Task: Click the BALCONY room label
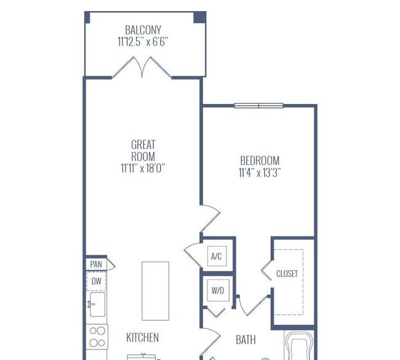point(143,30)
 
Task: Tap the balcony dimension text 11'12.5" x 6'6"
point(143,42)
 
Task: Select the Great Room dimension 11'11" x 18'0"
point(143,168)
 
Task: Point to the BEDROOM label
point(260,161)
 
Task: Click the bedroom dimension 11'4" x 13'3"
point(260,173)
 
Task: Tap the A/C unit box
point(217,256)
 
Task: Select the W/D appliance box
point(218,290)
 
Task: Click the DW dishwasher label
point(97,281)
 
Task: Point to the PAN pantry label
point(96,265)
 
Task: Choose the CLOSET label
point(287,274)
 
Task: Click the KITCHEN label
point(143,338)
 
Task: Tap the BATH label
point(246,340)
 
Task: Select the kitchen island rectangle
point(155,291)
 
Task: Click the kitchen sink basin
point(97,305)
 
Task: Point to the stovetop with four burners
point(97,337)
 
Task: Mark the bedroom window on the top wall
point(258,106)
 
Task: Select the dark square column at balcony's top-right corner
point(199,17)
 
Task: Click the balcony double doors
point(142,67)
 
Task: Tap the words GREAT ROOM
point(143,151)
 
